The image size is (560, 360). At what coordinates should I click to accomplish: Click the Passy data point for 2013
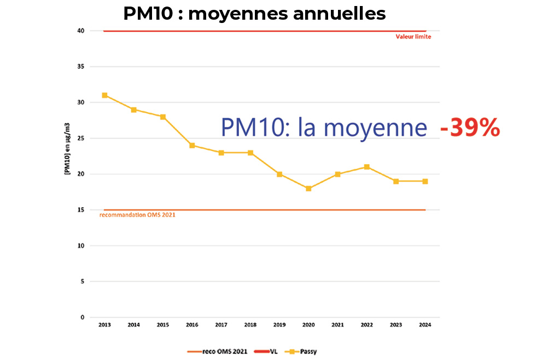104,95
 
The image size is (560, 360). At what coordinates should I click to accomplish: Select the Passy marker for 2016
192,146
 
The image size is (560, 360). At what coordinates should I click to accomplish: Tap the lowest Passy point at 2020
308,188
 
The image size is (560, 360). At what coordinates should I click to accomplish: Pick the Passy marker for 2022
367,167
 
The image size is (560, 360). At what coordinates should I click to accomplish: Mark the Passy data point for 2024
425,181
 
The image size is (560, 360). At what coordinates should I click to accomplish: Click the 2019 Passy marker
279,174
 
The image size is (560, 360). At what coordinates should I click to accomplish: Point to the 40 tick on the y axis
80,31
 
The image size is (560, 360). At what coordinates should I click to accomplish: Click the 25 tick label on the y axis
80,138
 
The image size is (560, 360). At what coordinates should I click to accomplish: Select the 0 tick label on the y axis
82,317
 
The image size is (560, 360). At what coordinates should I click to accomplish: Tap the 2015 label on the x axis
163,325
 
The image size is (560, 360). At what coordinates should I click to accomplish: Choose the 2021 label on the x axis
337,325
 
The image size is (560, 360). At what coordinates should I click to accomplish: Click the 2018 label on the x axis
250,325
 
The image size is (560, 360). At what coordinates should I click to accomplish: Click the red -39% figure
470,128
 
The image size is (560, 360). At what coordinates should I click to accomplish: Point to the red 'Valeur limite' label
413,37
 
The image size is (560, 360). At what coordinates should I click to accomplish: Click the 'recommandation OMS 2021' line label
137,215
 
